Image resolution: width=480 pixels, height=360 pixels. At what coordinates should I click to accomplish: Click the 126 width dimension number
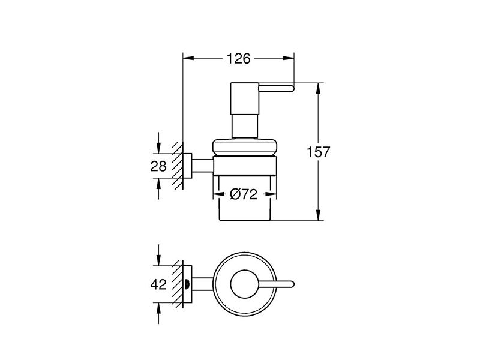click(x=238, y=58)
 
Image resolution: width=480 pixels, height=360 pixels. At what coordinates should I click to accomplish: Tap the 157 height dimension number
click(x=319, y=152)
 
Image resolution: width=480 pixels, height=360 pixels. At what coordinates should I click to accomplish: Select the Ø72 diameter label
click(x=244, y=194)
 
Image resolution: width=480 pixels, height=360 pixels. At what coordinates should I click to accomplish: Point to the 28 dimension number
click(x=158, y=166)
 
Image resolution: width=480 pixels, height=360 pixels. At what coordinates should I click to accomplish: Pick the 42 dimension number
click(x=158, y=284)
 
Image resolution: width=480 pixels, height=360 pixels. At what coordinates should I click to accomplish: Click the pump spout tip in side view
click(x=292, y=88)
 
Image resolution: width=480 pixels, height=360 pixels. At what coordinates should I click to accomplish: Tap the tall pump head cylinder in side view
click(x=245, y=99)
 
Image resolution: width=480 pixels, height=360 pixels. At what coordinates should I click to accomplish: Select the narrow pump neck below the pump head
click(x=245, y=127)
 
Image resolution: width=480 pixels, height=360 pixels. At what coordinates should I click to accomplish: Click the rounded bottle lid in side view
click(x=245, y=147)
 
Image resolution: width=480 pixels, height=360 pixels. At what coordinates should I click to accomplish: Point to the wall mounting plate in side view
click(x=187, y=166)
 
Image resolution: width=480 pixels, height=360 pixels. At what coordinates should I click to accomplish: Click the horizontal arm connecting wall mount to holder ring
click(x=202, y=166)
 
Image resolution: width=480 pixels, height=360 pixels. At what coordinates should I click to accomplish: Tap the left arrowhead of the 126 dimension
click(x=188, y=58)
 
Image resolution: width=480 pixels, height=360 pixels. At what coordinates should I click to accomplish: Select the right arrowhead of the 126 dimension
click(x=289, y=58)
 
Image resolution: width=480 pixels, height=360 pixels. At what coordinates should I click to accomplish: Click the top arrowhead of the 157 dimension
click(x=319, y=89)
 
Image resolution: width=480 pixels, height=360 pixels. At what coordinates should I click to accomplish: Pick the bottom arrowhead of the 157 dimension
click(x=319, y=215)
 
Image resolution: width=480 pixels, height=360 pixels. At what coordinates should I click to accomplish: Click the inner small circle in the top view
click(x=245, y=284)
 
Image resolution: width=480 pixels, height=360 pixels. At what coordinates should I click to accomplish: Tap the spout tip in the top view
click(x=292, y=284)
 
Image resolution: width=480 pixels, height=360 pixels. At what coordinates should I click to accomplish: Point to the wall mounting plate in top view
click(x=187, y=284)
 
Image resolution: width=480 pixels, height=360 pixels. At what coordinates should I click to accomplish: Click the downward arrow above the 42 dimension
click(x=158, y=255)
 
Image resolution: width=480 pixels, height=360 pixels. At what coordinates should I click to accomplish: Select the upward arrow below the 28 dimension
click(x=158, y=189)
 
